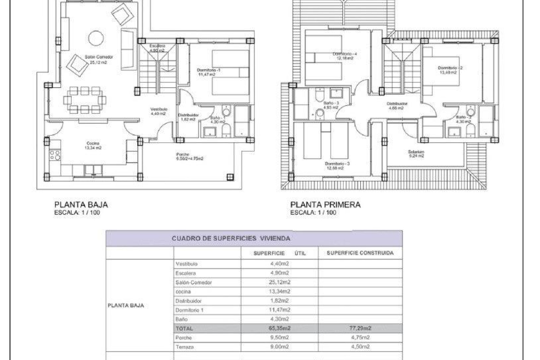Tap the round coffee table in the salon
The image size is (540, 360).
click(x=96, y=38)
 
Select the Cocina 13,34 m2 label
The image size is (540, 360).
click(x=93, y=145)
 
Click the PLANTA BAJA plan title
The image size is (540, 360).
click(x=81, y=205)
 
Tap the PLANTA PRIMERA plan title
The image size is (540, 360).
click(x=325, y=205)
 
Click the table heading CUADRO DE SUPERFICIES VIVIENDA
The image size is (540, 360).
click(x=231, y=238)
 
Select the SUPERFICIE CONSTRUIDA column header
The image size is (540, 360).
click(x=360, y=253)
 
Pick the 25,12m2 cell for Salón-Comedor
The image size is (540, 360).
click(x=279, y=282)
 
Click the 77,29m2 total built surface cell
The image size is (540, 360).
click(x=360, y=328)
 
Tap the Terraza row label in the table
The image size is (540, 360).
click(x=184, y=347)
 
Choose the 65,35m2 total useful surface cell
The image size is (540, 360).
click(x=279, y=328)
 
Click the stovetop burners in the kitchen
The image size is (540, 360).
click(x=55, y=155)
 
